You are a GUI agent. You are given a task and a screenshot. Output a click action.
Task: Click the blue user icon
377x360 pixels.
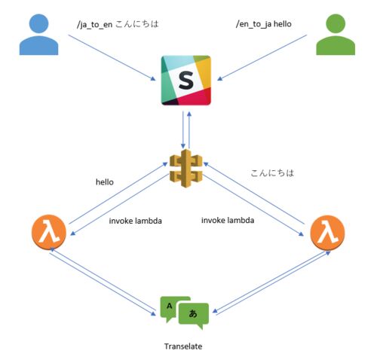pos(38,35)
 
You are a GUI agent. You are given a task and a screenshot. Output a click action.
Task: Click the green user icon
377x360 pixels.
pos(336,35)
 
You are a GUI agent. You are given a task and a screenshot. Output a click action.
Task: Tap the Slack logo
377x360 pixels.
pos(186,80)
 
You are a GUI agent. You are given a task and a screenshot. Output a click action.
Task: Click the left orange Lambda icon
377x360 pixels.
pos(49,232)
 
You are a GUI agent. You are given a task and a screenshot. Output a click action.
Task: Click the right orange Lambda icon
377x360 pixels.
pos(327,233)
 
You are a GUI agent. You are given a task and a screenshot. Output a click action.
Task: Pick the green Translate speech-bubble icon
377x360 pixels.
pos(185,313)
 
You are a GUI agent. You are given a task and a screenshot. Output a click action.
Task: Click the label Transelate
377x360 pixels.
pos(183,346)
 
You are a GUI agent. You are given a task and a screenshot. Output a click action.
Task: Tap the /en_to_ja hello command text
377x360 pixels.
pos(264,24)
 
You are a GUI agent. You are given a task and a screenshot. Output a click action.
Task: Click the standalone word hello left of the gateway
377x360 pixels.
pos(105,182)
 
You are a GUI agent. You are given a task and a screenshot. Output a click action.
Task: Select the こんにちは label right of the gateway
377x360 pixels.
pos(272,172)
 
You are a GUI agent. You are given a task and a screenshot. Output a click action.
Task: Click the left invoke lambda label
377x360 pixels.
pos(135,221)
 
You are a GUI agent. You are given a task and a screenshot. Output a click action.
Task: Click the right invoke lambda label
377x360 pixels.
pos(228,221)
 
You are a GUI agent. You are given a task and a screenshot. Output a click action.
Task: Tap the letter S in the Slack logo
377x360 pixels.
pos(186,80)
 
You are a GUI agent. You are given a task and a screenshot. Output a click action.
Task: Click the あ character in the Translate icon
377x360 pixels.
pos(193,313)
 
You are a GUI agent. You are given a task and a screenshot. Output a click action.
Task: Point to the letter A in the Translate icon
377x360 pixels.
pos(170,306)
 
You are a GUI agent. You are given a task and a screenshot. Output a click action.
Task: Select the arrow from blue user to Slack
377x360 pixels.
pos(112,58)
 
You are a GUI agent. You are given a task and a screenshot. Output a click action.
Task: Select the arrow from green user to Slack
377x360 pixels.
pos(262,58)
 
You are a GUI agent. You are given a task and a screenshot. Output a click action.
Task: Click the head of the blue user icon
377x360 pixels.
pos(38,23)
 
